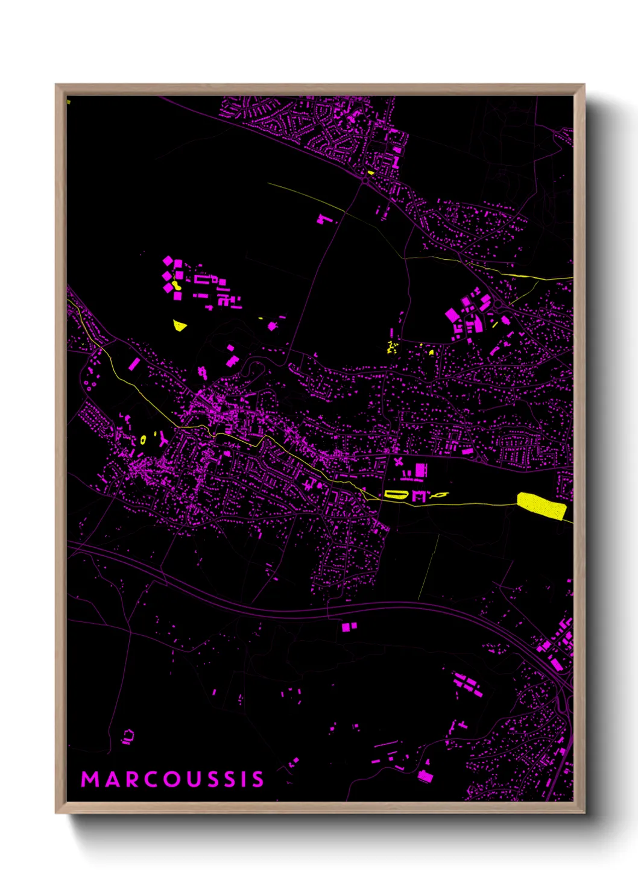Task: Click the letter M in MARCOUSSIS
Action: click(x=90, y=779)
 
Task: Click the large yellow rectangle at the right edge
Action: click(x=542, y=505)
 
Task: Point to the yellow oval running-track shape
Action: click(x=396, y=495)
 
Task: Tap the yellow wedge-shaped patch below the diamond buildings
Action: click(x=179, y=326)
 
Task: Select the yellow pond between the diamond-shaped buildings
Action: click(x=175, y=284)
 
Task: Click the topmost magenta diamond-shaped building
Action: click(x=168, y=261)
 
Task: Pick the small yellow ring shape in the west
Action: click(x=143, y=439)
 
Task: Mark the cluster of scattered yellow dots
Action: click(x=393, y=347)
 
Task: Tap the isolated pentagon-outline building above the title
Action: click(x=128, y=737)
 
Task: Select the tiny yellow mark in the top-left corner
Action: click(x=68, y=102)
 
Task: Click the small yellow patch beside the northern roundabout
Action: click(x=371, y=173)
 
